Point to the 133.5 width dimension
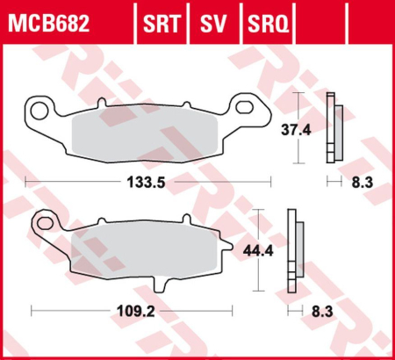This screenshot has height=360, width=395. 147,182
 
